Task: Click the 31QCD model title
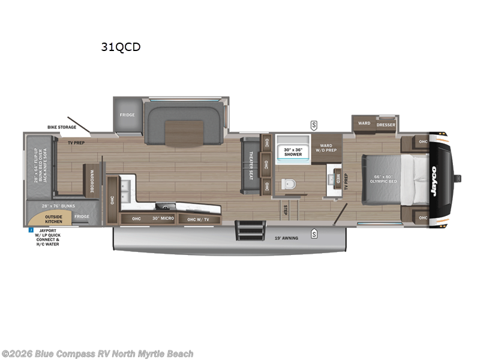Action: (121, 47)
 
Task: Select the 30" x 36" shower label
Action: (293, 152)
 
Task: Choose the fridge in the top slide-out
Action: (127, 115)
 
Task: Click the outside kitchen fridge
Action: (82, 217)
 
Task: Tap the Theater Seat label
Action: (251, 161)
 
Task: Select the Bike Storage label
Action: (62, 127)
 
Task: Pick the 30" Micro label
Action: (163, 218)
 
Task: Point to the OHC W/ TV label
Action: (199, 219)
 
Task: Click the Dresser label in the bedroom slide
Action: (386, 124)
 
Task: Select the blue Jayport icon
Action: (30, 229)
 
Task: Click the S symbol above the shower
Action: (314, 125)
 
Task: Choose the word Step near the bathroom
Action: (286, 209)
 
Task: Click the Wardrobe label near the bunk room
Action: (93, 179)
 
